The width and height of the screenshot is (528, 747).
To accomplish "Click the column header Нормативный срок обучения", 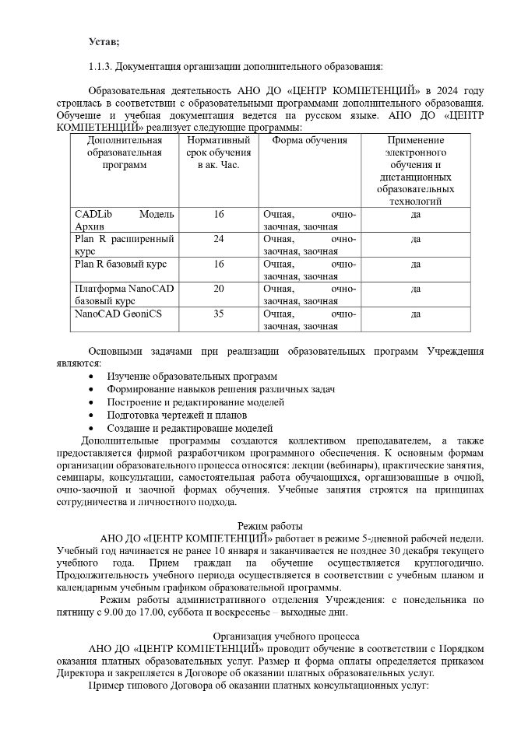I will click(x=219, y=153).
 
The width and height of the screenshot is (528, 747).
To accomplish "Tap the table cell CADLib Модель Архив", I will click(x=124, y=220).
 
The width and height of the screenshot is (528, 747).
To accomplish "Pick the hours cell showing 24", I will click(x=219, y=239).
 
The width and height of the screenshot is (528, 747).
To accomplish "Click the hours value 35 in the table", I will click(x=219, y=314).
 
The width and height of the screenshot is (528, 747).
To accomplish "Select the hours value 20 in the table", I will click(x=219, y=289).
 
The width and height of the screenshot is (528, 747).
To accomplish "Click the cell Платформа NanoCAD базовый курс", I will click(x=124, y=294).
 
